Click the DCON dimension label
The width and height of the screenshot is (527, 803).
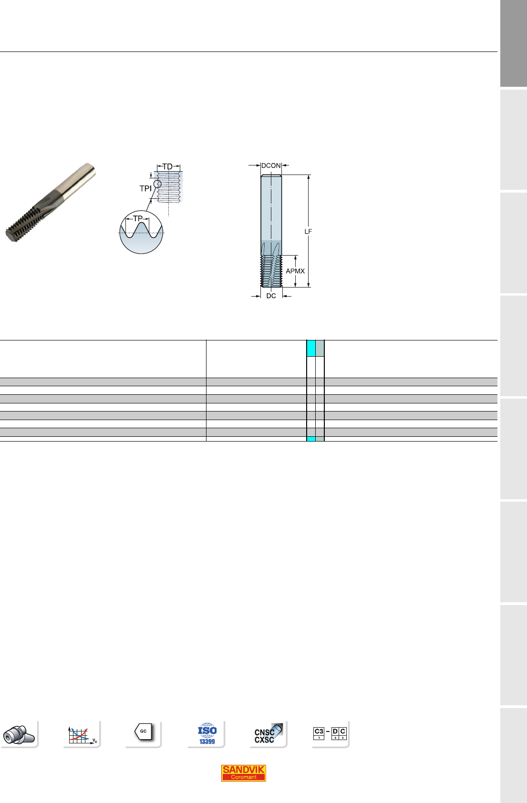271,165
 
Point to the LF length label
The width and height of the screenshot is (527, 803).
308,232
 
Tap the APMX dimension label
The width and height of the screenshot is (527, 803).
295,271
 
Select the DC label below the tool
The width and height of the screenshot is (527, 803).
271,296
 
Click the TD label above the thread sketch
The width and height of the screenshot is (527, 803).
167,166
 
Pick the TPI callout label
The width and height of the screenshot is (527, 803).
145,188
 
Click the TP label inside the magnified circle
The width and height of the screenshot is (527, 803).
138,218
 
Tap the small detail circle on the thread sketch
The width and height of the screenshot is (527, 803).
157,184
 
